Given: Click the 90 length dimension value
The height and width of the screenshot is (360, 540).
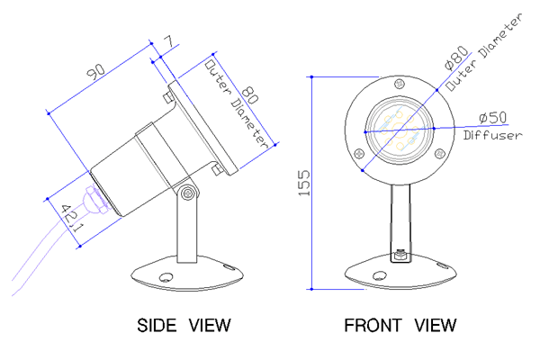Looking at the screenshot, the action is [x=95, y=71].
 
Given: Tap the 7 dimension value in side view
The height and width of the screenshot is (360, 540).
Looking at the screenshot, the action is [x=169, y=41].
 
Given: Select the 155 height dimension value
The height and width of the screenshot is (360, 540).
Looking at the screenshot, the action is [x=304, y=183].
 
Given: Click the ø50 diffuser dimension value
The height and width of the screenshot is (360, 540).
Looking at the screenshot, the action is [x=493, y=118].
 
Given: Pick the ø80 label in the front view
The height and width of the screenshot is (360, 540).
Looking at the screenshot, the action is [x=456, y=58].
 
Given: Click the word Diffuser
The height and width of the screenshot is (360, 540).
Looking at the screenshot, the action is [x=492, y=135].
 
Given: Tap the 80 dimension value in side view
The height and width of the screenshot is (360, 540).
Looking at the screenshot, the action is [x=250, y=95].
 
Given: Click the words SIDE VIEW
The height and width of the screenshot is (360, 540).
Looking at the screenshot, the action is [x=184, y=325].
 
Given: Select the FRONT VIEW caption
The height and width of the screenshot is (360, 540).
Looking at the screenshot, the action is [x=400, y=325].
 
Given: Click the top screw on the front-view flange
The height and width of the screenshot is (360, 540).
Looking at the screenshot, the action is [x=400, y=84].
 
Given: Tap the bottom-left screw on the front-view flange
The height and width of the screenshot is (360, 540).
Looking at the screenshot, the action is [x=359, y=153].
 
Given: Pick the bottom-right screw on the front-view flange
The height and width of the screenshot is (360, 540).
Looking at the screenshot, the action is [x=439, y=153].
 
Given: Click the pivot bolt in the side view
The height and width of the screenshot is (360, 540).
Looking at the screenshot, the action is [x=188, y=193].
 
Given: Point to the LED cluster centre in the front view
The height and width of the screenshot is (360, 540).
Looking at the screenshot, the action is [x=400, y=130].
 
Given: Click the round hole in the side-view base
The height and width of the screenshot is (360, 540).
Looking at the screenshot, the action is [x=166, y=277].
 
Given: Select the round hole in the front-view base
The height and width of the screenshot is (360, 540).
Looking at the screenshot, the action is [x=380, y=275].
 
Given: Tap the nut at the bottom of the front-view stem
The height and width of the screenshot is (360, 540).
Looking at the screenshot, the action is [x=400, y=256].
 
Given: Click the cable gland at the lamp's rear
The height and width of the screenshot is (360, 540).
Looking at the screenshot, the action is [x=95, y=201].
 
